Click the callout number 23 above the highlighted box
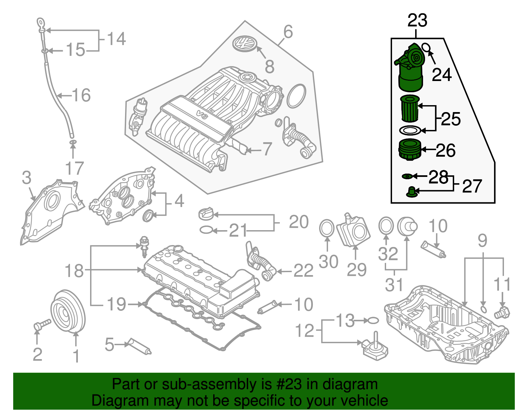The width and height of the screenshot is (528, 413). tap(417, 21)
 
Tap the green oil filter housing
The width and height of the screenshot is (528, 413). tap(410, 71)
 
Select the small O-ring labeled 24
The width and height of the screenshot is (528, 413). tap(426, 48)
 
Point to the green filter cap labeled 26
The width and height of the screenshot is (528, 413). tap(410, 150)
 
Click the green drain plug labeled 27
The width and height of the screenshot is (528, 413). tap(411, 192)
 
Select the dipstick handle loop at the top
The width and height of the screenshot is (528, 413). tap(40, 23)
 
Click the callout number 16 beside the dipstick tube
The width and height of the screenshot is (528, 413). tap(81, 95)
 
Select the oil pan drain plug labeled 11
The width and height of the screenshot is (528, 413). tap(502, 312)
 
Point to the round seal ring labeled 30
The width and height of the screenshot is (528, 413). tap(327, 228)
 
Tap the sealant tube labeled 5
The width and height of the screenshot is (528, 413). tap(140, 346)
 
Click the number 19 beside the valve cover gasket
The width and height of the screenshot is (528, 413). tap(116, 304)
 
